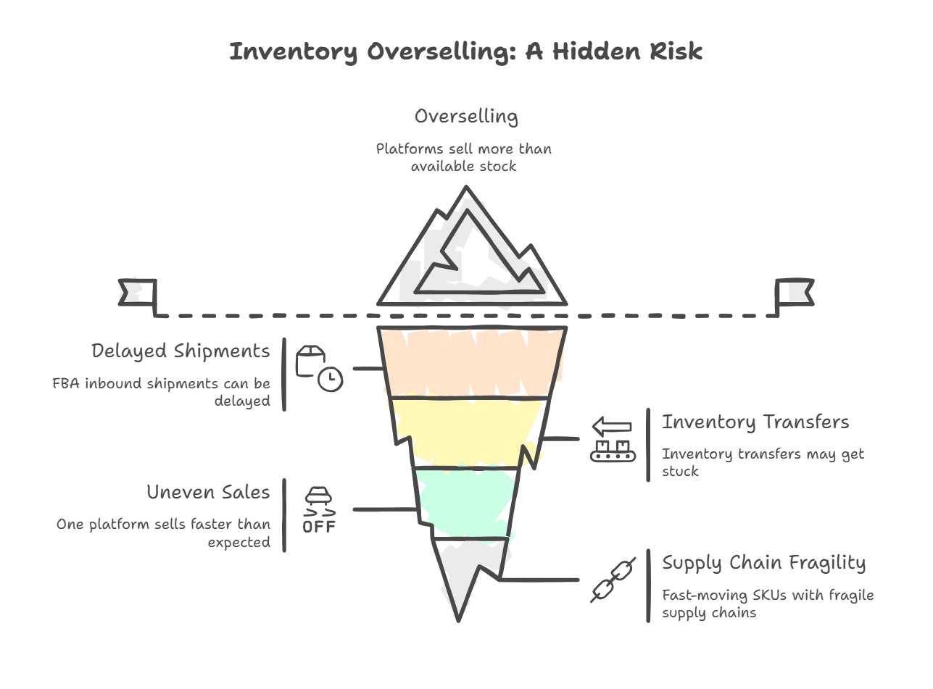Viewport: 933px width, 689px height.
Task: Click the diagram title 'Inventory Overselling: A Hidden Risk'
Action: (465, 52)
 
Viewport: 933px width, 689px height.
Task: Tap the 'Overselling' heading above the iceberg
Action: (465, 117)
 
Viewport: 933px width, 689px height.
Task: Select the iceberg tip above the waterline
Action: (471, 254)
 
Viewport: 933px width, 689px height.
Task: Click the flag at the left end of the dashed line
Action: (138, 293)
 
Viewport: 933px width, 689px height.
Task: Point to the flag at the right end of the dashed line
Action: (794, 293)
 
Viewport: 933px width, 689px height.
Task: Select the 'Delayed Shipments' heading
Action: (181, 351)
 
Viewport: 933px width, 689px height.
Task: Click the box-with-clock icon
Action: (319, 369)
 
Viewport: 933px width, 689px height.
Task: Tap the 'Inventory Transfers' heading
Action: (755, 422)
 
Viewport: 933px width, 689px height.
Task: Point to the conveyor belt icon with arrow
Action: (613, 440)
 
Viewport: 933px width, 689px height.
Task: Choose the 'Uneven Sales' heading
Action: (208, 493)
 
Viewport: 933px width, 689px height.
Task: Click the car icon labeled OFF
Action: (319, 510)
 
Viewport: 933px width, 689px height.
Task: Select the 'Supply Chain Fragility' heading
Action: (763, 563)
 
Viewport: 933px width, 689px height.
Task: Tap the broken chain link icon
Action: (613, 580)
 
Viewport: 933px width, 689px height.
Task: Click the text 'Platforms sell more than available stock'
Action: (464, 157)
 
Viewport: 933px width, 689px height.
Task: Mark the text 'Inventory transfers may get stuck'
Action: (763, 462)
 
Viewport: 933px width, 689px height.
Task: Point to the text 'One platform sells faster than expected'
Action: (164, 533)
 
